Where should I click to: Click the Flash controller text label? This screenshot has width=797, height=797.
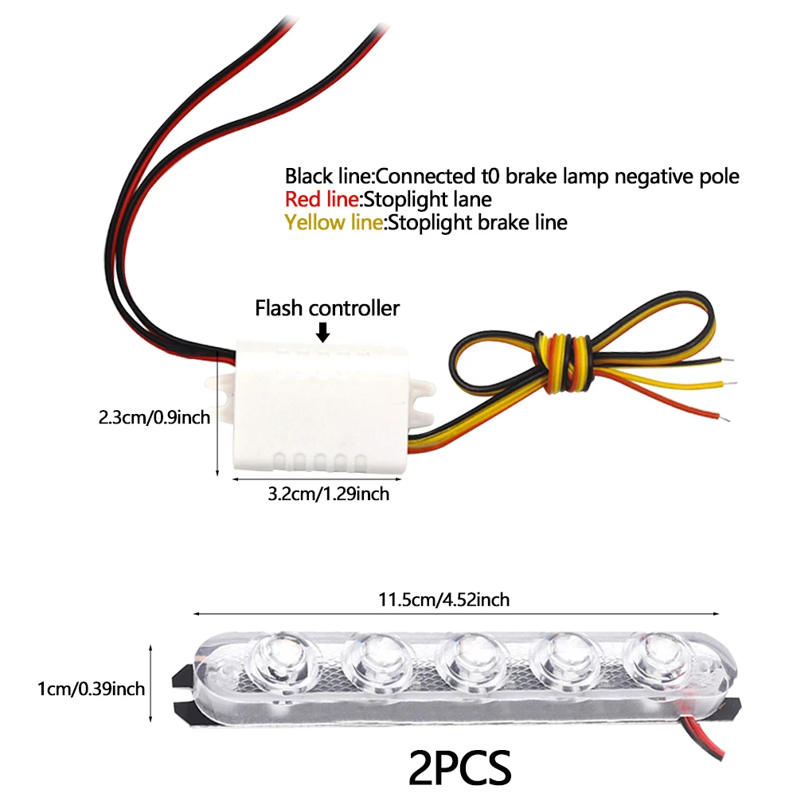click(x=326, y=308)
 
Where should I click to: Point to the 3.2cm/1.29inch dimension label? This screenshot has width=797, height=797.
click(x=328, y=494)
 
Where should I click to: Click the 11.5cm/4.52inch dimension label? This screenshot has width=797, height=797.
click(x=455, y=600)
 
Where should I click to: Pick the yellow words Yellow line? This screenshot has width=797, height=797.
click(x=334, y=222)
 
